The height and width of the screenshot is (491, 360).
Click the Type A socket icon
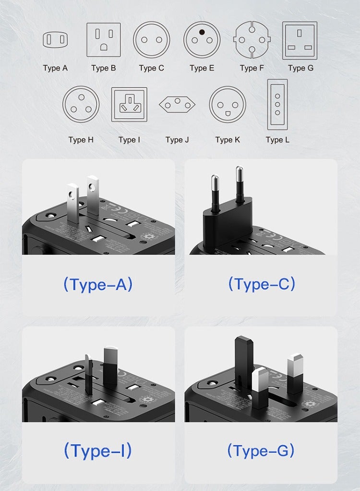[x=55, y=40]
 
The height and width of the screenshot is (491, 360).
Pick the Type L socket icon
[x=277, y=104]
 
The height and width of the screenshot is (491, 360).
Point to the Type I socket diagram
[x=129, y=104]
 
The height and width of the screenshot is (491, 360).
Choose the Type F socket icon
[x=252, y=40]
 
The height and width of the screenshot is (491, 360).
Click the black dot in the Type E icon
[x=202, y=33]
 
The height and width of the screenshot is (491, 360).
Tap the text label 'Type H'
[x=81, y=140]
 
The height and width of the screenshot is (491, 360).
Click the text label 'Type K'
[x=228, y=140]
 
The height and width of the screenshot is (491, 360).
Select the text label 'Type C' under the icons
[x=151, y=68]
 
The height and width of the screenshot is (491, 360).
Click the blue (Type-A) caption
[x=98, y=284]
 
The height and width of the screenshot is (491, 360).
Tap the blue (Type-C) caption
[x=262, y=284]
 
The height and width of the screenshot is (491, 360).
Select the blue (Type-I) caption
[x=98, y=451]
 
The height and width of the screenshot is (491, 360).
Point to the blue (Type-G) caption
[x=261, y=451]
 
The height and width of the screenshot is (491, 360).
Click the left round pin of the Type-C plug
[x=216, y=192]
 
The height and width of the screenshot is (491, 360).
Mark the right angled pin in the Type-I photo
[x=110, y=365]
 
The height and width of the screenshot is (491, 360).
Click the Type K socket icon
[x=228, y=104]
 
